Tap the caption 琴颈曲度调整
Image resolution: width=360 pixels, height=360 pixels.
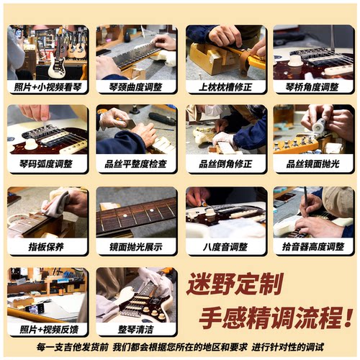[136, 87]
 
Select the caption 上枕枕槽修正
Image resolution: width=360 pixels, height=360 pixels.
[225, 87]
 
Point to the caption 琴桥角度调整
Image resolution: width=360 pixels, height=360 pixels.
[313, 87]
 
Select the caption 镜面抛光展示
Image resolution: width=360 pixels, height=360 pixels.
[136, 246]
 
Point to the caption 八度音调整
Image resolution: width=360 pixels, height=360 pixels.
[225, 246]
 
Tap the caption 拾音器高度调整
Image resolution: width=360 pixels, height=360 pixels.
[313, 246]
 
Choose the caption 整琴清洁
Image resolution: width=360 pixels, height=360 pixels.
[136, 329]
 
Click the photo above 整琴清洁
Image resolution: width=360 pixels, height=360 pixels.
[136, 294]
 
